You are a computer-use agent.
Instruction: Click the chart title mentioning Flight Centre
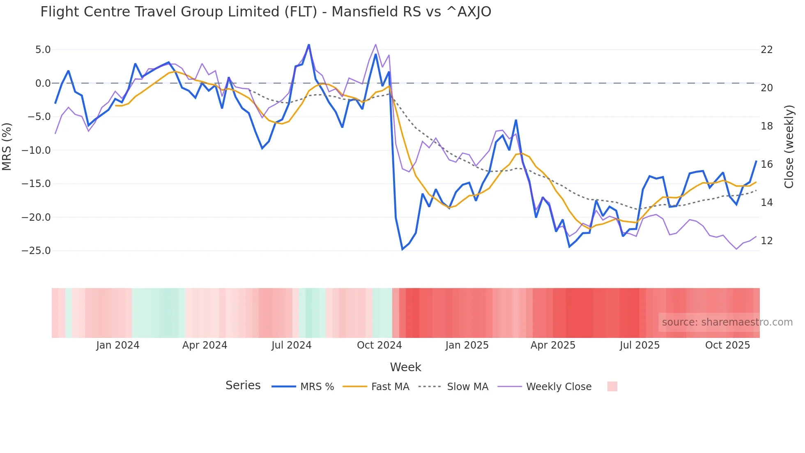(265, 12)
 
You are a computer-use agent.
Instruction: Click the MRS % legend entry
(303, 387)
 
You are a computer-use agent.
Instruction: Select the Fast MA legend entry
(376, 387)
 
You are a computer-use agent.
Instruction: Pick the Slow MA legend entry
(453, 387)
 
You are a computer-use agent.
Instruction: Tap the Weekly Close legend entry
(545, 387)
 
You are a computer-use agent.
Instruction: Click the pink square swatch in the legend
(612, 386)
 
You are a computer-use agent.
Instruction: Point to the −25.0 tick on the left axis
(36, 251)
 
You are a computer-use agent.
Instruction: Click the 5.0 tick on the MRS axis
(43, 50)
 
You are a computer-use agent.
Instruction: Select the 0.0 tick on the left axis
(43, 83)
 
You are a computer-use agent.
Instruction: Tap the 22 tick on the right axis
(767, 50)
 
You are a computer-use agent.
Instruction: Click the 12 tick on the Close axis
(767, 241)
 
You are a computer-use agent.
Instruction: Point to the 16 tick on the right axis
(767, 164)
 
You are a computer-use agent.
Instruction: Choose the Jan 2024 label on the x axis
(118, 345)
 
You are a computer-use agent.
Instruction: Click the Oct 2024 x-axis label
(379, 345)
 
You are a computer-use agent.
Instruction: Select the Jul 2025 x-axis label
(639, 345)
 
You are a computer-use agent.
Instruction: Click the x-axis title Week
(405, 367)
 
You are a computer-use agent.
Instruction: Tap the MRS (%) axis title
(7, 146)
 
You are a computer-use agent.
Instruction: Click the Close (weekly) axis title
(789, 147)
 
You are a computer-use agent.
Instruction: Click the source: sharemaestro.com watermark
(727, 322)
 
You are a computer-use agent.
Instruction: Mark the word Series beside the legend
(243, 386)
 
